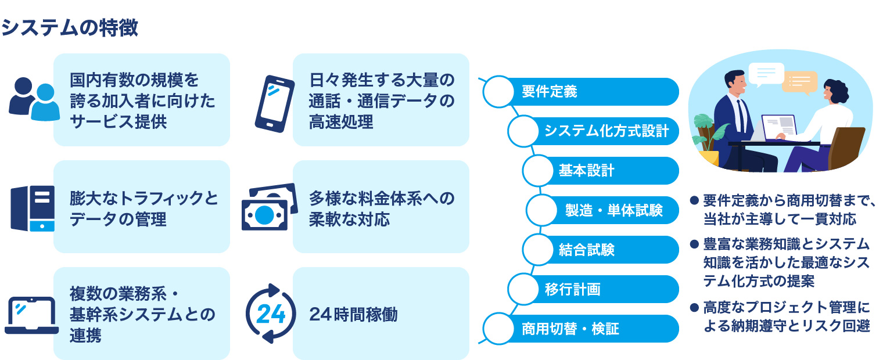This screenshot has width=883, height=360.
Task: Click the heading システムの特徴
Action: [x=70, y=27]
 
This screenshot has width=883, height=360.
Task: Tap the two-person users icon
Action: [x=34, y=99]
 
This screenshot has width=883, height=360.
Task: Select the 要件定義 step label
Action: [x=549, y=92]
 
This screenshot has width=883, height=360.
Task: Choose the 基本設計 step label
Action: [x=586, y=171]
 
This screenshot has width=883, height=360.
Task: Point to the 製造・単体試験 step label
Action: [x=613, y=210]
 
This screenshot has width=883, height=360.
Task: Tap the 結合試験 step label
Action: [x=586, y=250]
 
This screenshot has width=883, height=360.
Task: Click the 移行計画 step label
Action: [x=572, y=289]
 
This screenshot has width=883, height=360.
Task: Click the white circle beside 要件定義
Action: [x=498, y=92]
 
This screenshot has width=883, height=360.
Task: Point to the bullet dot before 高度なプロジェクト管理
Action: [x=693, y=307]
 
